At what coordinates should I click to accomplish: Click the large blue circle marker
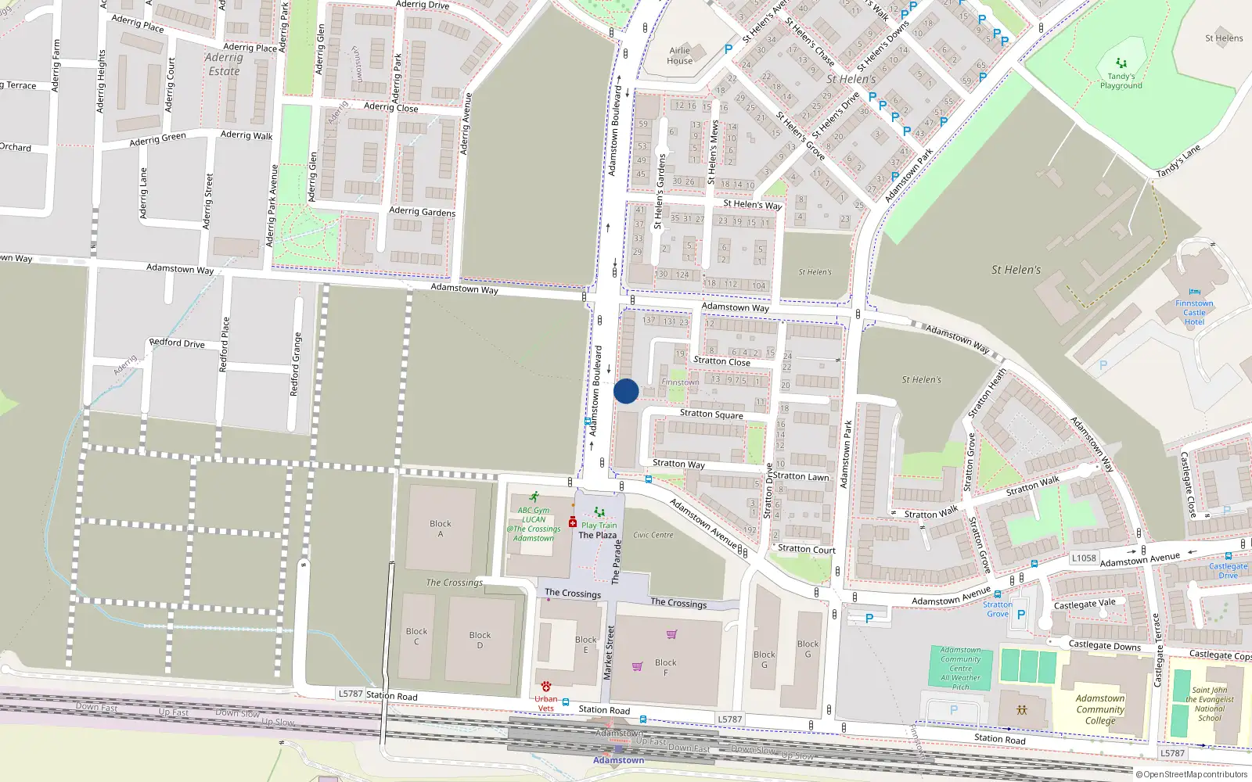point(626,391)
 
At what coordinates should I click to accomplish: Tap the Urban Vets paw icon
point(545,686)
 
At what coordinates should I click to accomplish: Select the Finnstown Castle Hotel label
point(1194,312)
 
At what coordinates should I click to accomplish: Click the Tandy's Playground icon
point(1121,63)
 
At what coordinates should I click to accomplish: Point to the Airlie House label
point(679,56)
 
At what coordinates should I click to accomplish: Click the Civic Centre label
point(653,535)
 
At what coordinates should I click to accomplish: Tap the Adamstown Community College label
point(1099,709)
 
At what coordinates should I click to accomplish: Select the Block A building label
point(440,529)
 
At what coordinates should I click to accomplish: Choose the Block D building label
point(480,640)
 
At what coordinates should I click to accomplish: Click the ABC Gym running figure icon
point(534,497)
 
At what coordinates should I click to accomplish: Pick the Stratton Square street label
point(711,414)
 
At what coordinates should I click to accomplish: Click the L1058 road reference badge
point(1084,558)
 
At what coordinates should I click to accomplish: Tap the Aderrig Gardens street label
point(422,211)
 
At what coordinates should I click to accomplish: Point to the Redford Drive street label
point(177,343)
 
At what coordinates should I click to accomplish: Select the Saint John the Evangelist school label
point(1209,704)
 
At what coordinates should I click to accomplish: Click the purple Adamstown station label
point(618,760)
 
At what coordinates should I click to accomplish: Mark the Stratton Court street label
point(806,549)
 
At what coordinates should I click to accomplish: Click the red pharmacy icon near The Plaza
point(573,522)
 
